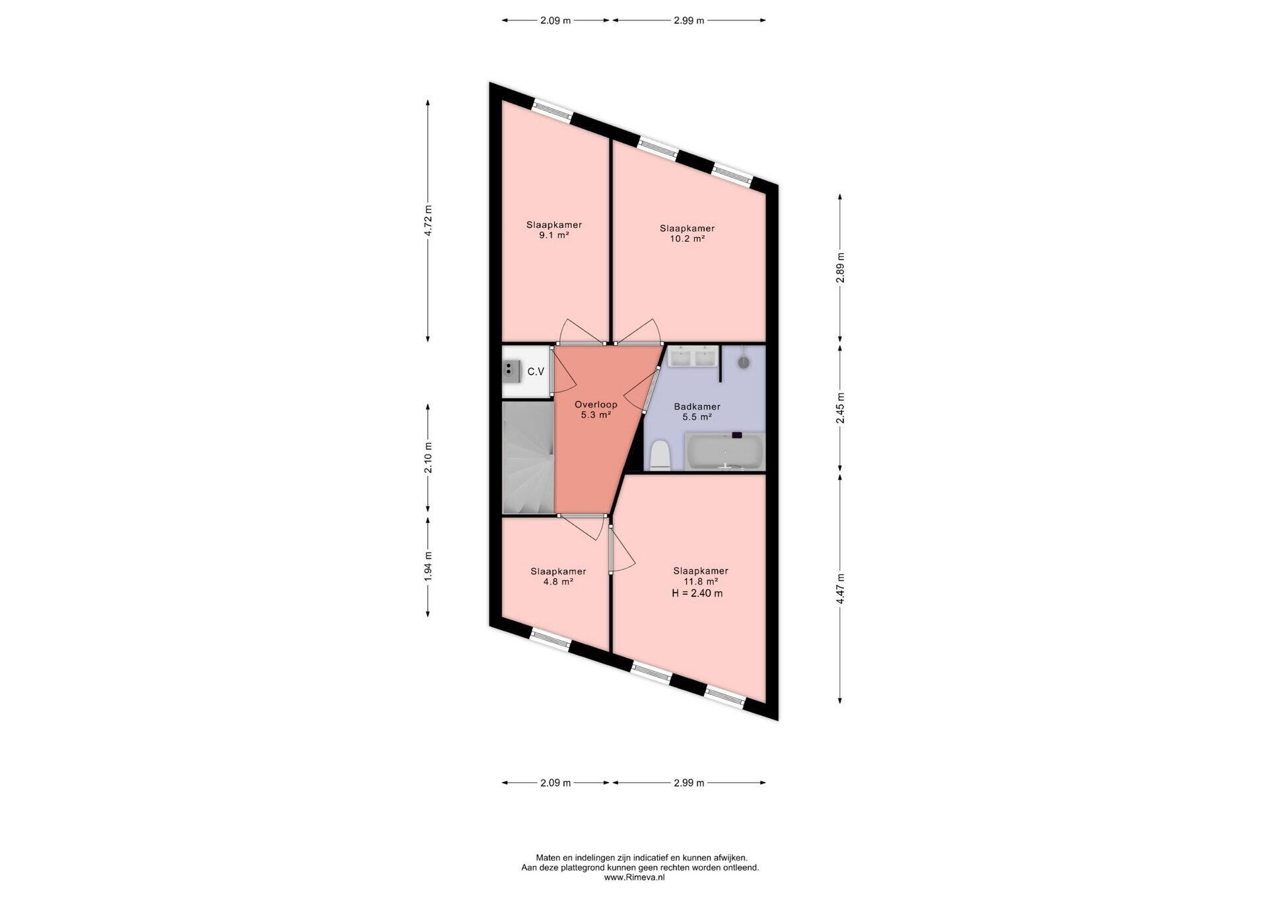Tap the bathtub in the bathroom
point(725,452)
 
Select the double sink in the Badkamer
point(692,357)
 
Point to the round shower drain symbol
point(744,362)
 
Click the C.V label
point(536,372)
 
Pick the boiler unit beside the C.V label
point(511,372)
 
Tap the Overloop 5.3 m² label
point(596,410)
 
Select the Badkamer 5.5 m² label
point(697,412)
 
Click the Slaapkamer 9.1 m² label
point(554,230)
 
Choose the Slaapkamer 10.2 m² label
point(687,234)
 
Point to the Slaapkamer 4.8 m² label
point(558,577)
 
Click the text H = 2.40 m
point(697,593)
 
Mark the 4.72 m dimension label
point(428,221)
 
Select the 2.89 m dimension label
point(840,268)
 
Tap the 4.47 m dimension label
point(840,589)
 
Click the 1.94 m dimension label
point(428,566)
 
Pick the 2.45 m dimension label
point(840,408)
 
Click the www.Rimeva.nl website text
point(634,877)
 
